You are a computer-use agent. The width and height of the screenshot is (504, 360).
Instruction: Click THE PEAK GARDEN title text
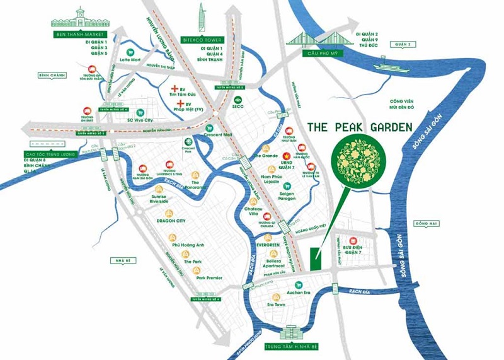(x=360, y=127)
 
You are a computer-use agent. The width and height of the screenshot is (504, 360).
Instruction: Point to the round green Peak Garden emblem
(x=360, y=161)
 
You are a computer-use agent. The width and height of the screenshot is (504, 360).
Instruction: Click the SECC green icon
(x=238, y=100)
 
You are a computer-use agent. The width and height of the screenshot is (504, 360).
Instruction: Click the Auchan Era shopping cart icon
(x=298, y=284)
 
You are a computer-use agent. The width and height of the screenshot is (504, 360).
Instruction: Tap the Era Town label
(x=276, y=305)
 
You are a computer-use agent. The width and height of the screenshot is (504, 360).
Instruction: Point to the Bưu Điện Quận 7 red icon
(x=353, y=241)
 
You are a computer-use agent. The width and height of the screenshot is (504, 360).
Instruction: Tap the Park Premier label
(x=209, y=277)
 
